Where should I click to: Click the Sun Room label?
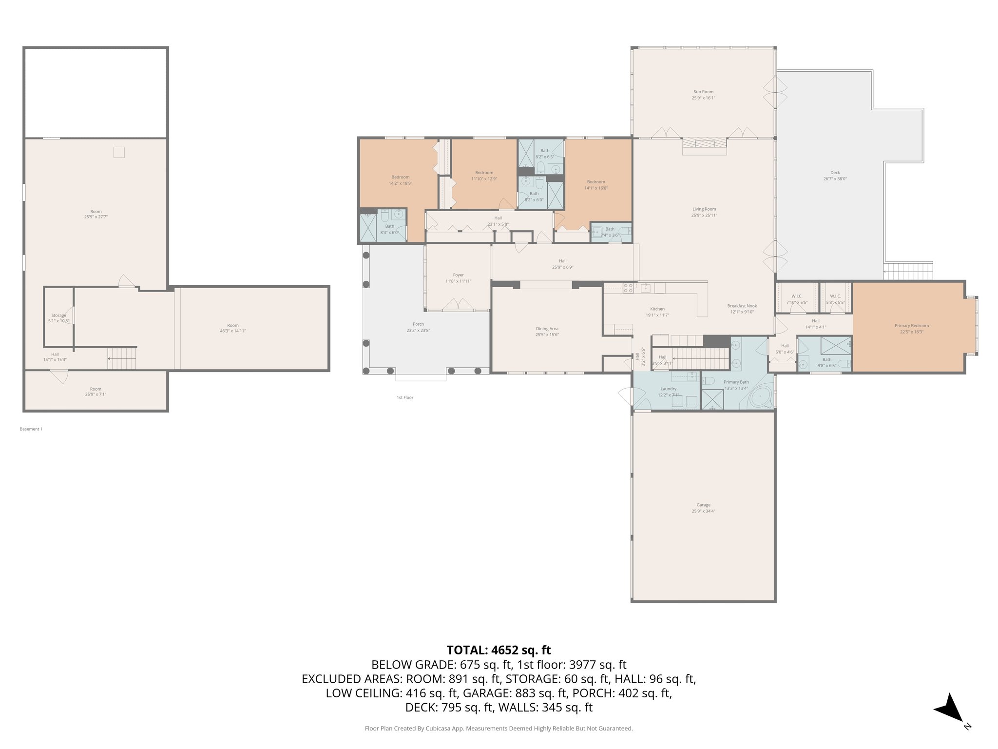click(703, 92)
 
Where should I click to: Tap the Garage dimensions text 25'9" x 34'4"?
click(703, 511)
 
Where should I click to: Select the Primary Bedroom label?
click(911, 326)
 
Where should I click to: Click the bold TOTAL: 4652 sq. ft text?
click(499, 650)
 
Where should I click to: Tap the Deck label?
click(835, 173)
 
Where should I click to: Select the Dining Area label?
click(547, 329)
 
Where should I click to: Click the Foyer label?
click(458, 275)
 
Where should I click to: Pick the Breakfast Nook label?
click(742, 306)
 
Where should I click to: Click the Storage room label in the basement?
click(58, 315)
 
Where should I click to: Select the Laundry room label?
click(668, 389)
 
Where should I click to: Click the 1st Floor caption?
click(404, 397)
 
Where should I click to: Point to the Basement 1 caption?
click(31, 429)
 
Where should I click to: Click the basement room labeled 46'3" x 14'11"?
click(233, 328)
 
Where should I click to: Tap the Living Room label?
click(704, 209)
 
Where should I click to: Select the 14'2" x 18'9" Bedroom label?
click(400, 177)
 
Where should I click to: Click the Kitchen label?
click(657, 309)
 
